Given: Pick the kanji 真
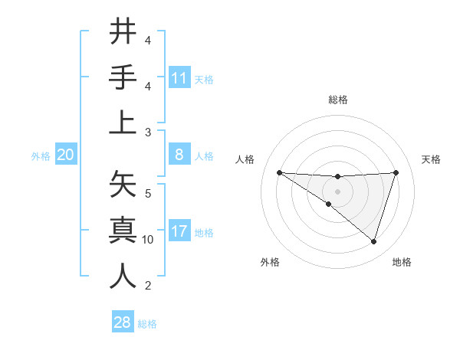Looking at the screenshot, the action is point(123,230).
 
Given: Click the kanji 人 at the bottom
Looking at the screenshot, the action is point(123,276).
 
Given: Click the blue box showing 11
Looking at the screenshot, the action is point(179,77).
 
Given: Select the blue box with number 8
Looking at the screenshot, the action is point(179,155).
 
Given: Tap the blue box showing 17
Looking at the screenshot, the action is point(179,231).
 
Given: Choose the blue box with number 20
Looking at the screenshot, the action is point(65,155).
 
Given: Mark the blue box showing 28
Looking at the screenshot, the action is point(123,322).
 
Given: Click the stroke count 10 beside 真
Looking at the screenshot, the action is point(148,240).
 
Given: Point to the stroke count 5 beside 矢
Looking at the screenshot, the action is point(148,192).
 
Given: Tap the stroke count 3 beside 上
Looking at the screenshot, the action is point(148,133).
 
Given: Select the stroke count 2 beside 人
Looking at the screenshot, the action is point(148,286).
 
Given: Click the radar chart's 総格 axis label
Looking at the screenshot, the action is point(338,100).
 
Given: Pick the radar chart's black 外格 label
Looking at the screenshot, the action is point(270,262).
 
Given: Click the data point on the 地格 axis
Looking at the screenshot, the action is point(373,242).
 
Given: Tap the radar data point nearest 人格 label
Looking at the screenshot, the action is point(279,172).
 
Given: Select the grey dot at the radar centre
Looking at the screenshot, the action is point(338,190).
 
